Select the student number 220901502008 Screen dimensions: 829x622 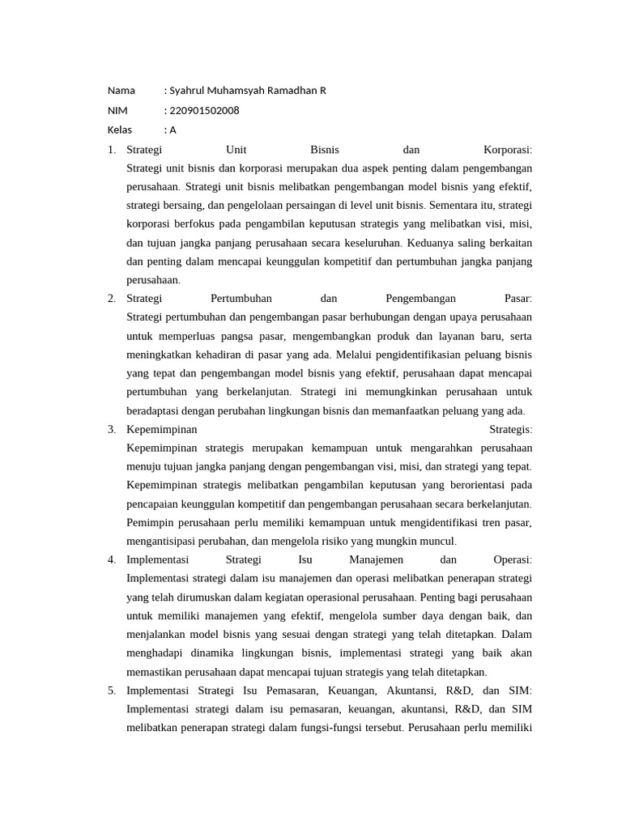(x=204, y=110)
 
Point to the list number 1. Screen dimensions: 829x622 (x=111, y=150)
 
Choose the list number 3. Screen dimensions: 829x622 (x=111, y=429)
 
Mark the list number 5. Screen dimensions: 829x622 (x=111, y=690)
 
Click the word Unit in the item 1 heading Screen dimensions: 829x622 (x=236, y=150)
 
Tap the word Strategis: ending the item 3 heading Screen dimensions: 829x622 (x=511, y=429)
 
